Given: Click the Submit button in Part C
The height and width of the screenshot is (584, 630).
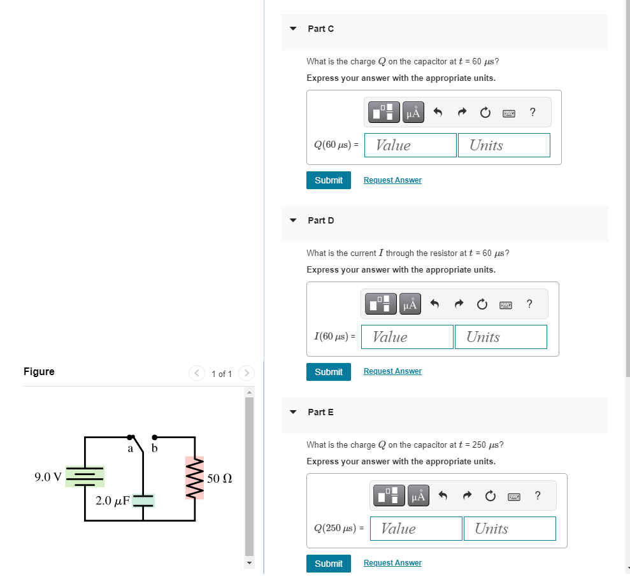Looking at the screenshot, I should [x=328, y=180].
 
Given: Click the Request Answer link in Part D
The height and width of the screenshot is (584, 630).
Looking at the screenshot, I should [x=392, y=371].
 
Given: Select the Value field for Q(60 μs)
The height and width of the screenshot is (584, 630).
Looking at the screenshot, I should [x=410, y=145].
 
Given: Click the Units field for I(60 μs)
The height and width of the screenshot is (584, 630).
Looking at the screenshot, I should [x=501, y=337].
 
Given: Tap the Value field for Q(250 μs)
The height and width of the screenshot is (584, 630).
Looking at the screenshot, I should [x=416, y=529].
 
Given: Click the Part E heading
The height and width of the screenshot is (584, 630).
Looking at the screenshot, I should [x=320, y=412].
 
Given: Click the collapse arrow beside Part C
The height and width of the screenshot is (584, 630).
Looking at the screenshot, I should [x=293, y=29].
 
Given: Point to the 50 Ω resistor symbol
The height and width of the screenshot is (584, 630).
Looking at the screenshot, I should [x=194, y=478].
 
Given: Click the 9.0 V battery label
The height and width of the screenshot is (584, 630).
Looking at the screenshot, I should [x=48, y=477].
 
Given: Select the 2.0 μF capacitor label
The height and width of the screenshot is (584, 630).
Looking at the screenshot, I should [x=112, y=501].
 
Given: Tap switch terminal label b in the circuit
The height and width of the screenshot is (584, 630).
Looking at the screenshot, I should [x=154, y=449].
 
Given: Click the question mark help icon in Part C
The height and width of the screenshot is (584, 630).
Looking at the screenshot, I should [x=533, y=113].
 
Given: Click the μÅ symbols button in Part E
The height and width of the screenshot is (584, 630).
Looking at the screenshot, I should [x=419, y=495].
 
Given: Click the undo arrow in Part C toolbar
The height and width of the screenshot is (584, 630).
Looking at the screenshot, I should [x=438, y=113].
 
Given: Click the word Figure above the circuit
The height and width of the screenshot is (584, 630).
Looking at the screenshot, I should [x=39, y=371].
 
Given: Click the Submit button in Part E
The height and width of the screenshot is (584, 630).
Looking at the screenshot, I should [x=328, y=563].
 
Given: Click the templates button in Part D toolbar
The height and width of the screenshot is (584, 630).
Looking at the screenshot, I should [x=379, y=304].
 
